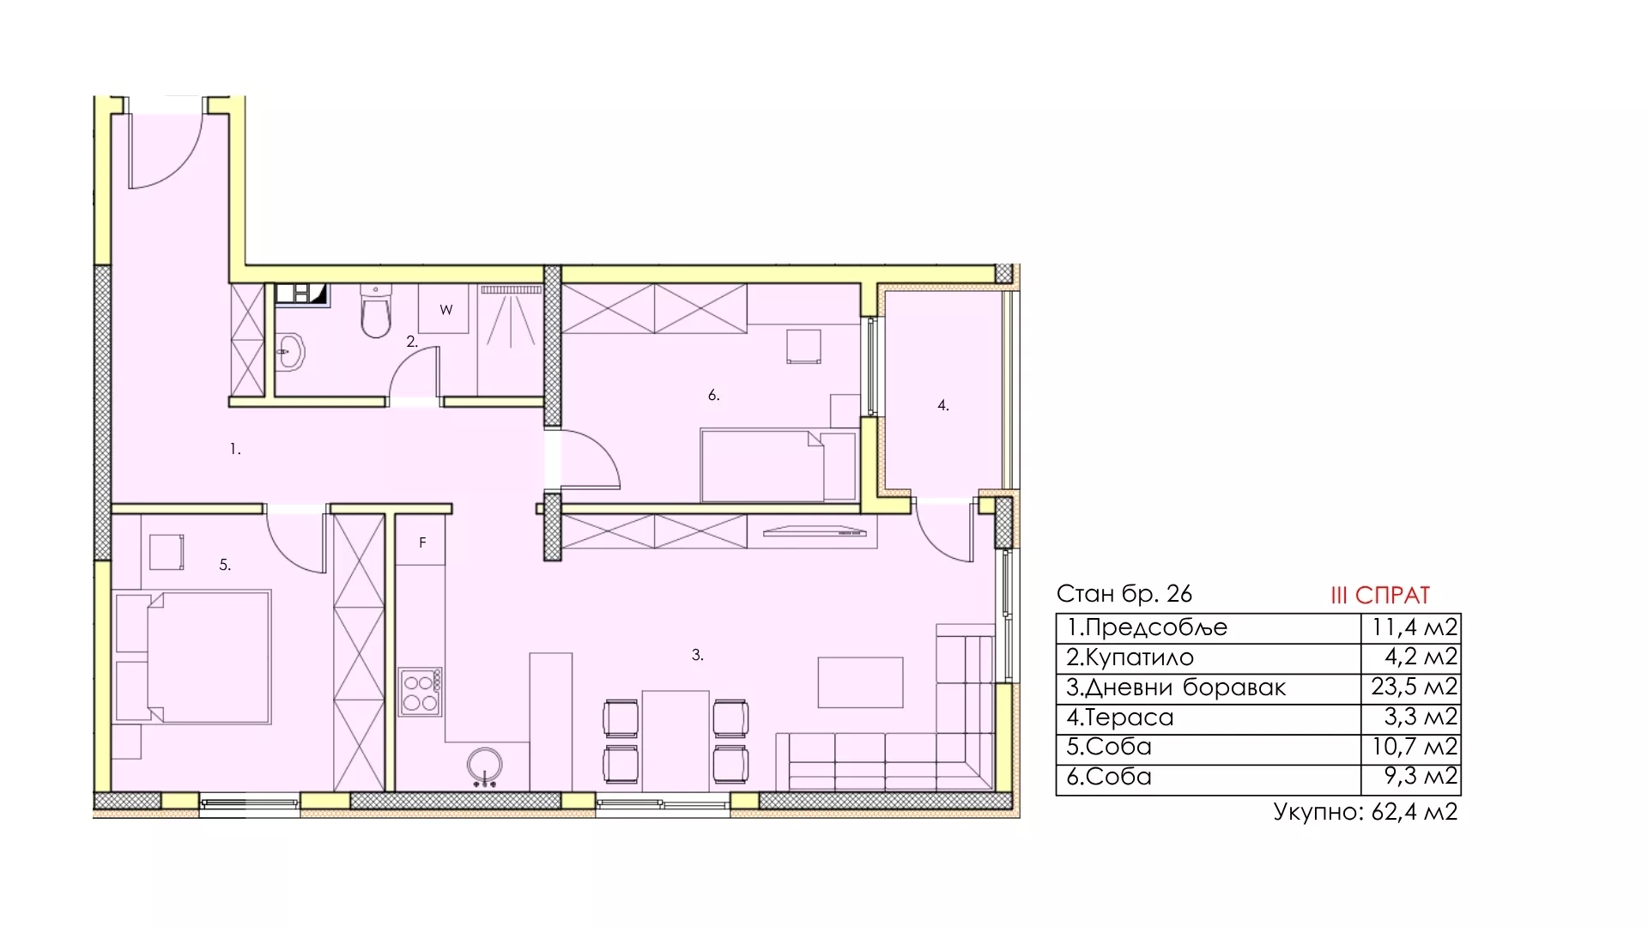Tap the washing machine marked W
tap(445, 309)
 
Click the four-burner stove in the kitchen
tap(421, 692)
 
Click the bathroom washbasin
tap(290, 351)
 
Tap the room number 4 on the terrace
tap(942, 405)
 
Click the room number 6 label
tap(713, 395)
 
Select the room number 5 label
tap(225, 565)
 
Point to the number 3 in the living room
tap(697, 655)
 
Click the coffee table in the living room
tap(860, 682)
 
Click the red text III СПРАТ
tap(1380, 595)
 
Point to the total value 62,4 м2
tap(1415, 812)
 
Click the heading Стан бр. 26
tap(1124, 593)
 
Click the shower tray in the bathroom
tap(510, 340)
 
